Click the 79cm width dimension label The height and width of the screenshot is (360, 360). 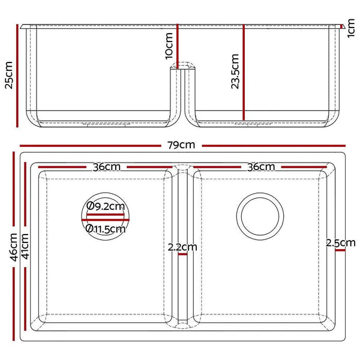[182, 145]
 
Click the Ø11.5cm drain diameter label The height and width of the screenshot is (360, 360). [106, 228]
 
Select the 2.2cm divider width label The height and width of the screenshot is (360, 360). [182, 247]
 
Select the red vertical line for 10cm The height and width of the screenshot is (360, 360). [178, 46]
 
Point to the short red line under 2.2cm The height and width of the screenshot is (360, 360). [182, 254]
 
